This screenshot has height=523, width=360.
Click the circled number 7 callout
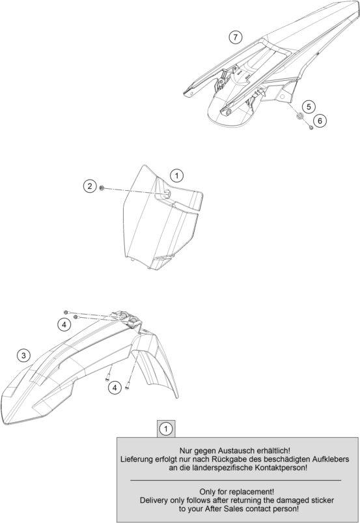coord(236,36)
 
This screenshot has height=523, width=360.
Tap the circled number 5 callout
coord(309,107)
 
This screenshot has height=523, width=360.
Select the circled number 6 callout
coord(320,120)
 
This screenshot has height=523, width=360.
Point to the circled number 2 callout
coord(90,186)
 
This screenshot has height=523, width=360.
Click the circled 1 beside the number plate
coord(176,175)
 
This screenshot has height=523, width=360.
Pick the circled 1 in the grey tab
coord(166,429)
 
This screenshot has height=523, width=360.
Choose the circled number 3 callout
coord(23,356)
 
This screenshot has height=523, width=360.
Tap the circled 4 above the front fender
coord(64,324)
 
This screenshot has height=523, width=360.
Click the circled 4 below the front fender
coord(115,388)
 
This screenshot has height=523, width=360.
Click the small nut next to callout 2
coord(102,189)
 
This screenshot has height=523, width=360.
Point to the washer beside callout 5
coord(299,117)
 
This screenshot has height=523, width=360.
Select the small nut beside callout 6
coord(311,128)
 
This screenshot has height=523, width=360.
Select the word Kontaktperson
coord(280,468)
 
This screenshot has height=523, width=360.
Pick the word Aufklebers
coord(331,459)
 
